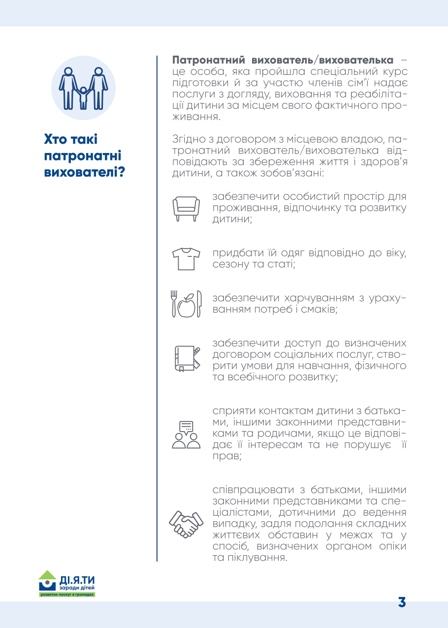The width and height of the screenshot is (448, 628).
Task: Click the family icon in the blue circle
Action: [x=83, y=88]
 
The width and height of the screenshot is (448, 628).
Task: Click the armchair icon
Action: [x=186, y=207]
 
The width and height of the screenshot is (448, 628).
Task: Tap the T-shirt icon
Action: [x=186, y=258]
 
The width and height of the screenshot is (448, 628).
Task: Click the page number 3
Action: [x=402, y=602]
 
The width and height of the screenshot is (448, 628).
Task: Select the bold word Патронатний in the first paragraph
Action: [x=209, y=61]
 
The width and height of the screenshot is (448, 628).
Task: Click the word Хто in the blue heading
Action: [x=59, y=139]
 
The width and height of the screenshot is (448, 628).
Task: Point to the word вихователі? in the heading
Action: [x=83, y=173]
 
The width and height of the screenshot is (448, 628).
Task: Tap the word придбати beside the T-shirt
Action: [x=234, y=253]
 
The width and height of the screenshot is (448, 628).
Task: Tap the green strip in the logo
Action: [x=67, y=595]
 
